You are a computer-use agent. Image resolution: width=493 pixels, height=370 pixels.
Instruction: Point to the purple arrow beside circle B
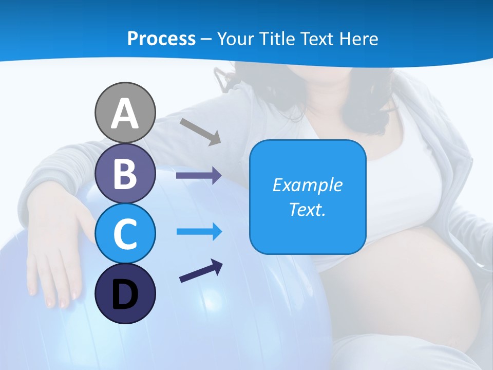click(x=199, y=176)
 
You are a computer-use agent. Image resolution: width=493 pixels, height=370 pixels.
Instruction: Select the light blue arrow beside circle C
click(x=199, y=232)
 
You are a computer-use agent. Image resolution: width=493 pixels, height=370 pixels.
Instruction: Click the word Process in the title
click(x=161, y=39)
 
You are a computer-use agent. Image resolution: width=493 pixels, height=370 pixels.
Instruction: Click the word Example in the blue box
click(x=307, y=185)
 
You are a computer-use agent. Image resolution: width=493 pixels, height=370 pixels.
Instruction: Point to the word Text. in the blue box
click(x=307, y=209)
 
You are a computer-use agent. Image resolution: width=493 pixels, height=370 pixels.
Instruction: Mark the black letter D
click(x=125, y=295)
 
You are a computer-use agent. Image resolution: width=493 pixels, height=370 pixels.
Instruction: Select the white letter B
click(x=125, y=174)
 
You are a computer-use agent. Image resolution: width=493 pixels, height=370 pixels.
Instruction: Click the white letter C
click(x=125, y=234)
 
